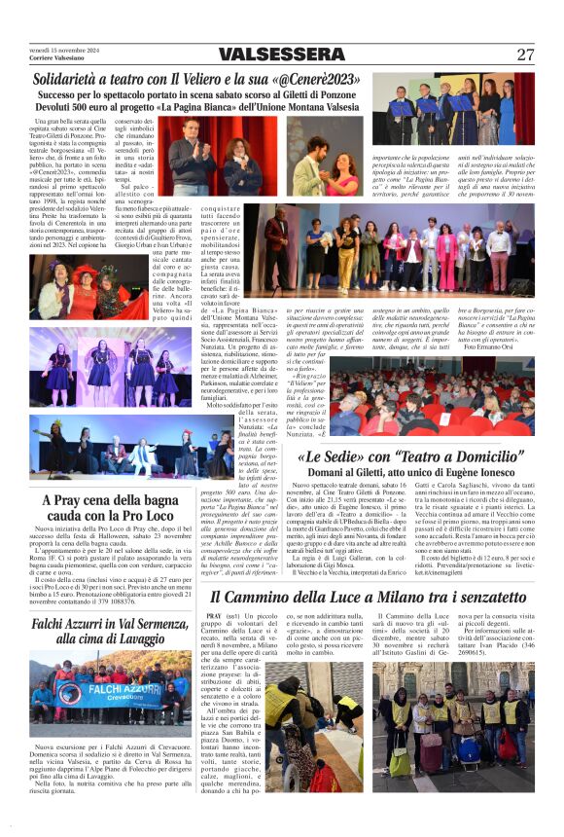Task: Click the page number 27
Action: (525, 55)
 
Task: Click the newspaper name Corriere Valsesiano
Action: (55, 58)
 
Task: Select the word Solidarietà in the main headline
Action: (68, 79)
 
